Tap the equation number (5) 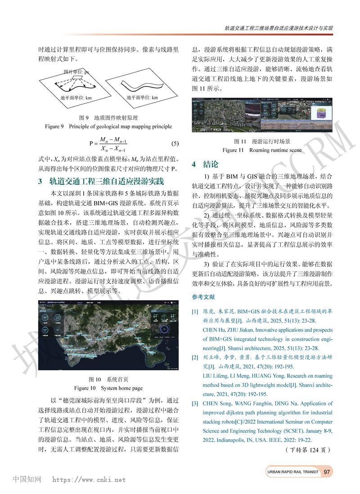click(175, 144)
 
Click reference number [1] click(195, 311)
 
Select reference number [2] click(195, 358)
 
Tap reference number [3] click(195, 404)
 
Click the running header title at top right click(279, 28)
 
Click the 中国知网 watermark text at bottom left click(27, 480)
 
